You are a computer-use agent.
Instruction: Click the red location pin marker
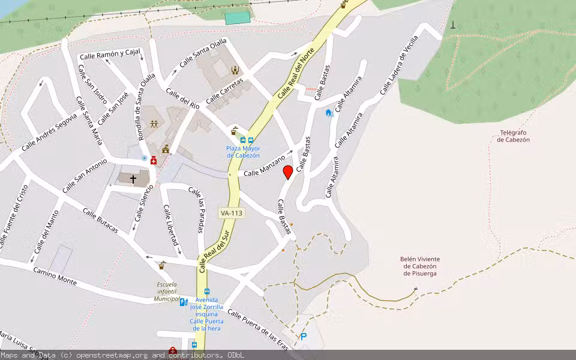click(x=288, y=172)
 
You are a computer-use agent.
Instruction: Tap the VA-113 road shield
click(x=232, y=213)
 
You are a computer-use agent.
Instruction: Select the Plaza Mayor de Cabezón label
click(x=243, y=152)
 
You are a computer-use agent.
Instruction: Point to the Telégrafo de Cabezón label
click(x=513, y=136)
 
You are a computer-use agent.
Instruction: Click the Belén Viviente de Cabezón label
click(x=418, y=266)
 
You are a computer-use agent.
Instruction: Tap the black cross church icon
click(x=133, y=178)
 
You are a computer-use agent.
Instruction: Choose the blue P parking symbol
click(x=304, y=337)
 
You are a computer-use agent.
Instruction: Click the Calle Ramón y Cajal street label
click(x=110, y=55)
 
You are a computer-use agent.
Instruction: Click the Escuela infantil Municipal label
click(x=167, y=292)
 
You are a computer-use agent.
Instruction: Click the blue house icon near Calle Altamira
click(x=328, y=113)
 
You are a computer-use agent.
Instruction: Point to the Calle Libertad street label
click(x=171, y=225)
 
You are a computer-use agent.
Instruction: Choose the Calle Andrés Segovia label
click(x=49, y=133)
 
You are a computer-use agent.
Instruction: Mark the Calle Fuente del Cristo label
click(x=14, y=215)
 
